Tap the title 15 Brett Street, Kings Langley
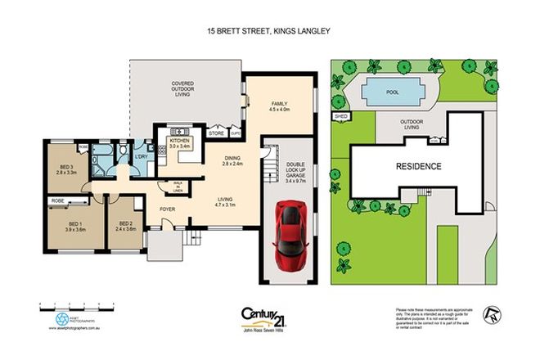(269, 33)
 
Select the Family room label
(281, 106)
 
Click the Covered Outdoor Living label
(182, 89)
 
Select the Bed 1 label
(75, 226)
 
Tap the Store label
(217, 133)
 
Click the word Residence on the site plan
(418, 166)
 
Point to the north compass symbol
(492, 312)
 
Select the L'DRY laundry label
(141, 156)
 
